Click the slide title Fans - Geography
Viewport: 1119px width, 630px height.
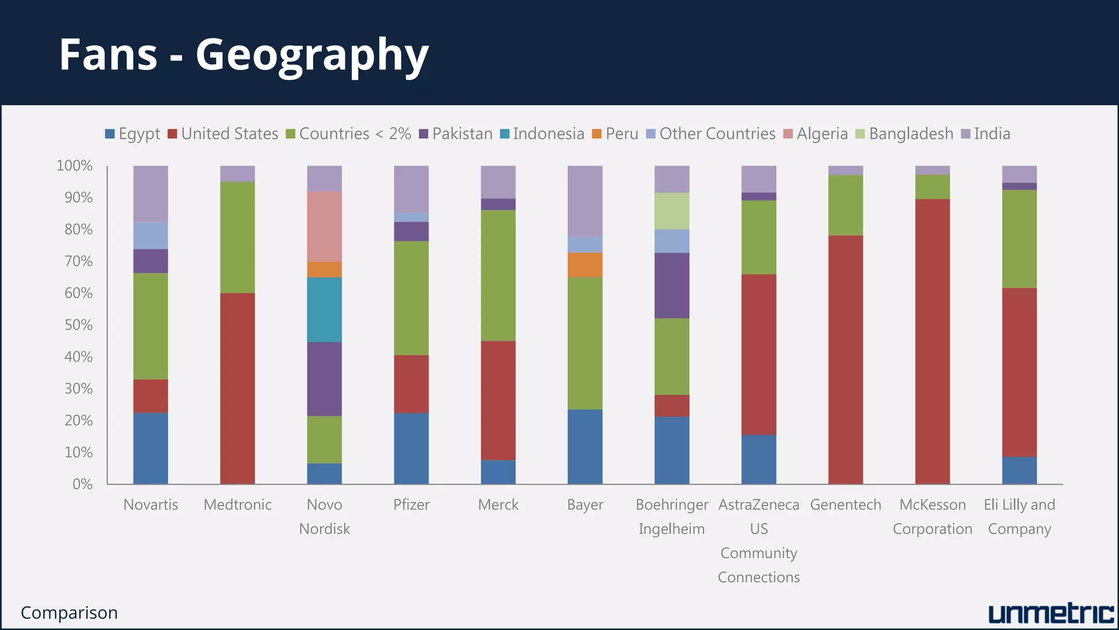244,55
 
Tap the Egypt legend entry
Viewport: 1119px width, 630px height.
133,134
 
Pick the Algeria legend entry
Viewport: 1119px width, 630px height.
816,134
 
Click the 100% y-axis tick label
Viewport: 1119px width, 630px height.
74,166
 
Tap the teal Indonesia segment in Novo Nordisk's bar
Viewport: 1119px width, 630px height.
324,310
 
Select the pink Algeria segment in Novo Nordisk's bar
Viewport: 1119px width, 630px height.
324,226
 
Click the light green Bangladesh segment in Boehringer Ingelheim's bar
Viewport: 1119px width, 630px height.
672,211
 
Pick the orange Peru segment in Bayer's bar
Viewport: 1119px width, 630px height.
585,265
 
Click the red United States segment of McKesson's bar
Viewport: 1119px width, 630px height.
932,341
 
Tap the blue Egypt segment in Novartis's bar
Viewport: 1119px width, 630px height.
150,448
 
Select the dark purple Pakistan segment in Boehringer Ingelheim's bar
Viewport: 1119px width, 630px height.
672,285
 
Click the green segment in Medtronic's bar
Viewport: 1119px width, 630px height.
237,237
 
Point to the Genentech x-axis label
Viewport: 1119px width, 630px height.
845,505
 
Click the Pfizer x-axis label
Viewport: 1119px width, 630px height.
411,505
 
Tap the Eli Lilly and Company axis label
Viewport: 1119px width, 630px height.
1019,517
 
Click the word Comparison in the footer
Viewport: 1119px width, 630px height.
69,613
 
